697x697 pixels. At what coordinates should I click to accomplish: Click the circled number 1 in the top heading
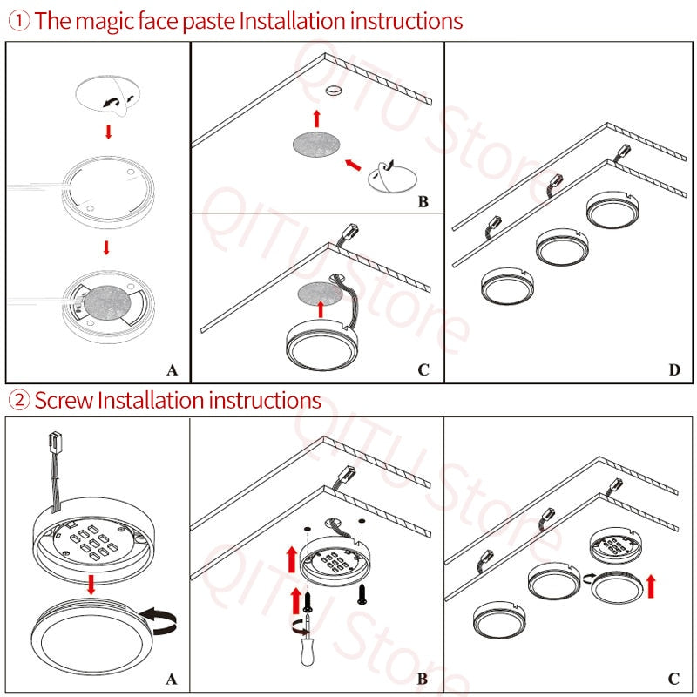(x=19, y=20)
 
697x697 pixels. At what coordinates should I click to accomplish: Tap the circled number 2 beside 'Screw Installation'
(x=19, y=401)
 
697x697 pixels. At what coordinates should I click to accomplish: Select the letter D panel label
(x=673, y=370)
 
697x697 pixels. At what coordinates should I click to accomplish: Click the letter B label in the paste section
(x=423, y=202)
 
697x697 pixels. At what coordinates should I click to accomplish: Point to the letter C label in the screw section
(x=673, y=679)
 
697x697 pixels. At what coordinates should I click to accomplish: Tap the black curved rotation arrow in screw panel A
(x=159, y=619)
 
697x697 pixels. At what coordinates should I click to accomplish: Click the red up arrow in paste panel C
(x=321, y=308)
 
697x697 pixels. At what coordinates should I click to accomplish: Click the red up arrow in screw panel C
(x=649, y=585)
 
